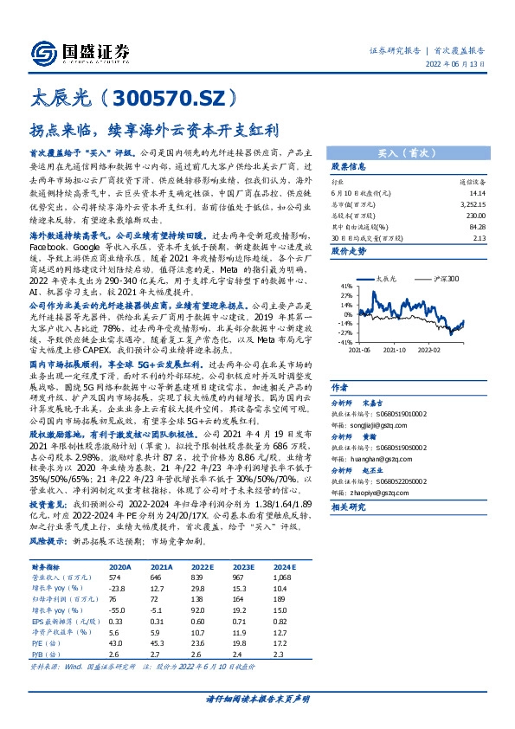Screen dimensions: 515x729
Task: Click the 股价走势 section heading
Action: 350,250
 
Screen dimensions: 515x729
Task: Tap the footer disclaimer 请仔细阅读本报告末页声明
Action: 257,698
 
